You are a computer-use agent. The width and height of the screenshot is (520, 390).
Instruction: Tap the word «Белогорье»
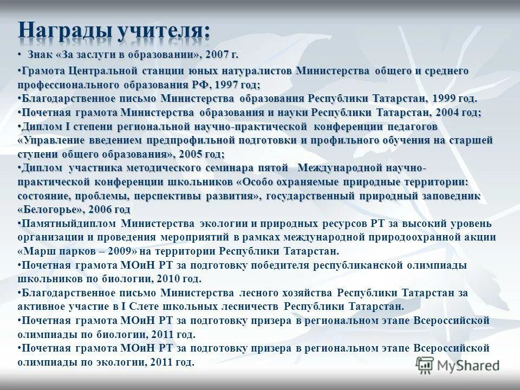(x=51, y=209)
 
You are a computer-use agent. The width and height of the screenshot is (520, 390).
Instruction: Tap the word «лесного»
(x=259, y=293)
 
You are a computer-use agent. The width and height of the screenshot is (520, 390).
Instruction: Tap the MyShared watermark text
(x=469, y=366)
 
